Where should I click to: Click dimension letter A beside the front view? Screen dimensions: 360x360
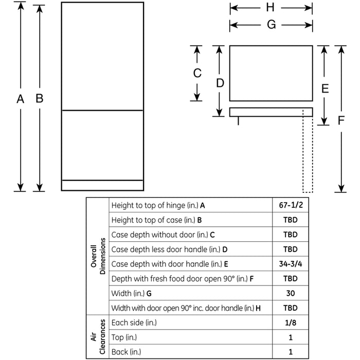[20, 99]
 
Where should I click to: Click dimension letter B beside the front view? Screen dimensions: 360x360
[39, 99]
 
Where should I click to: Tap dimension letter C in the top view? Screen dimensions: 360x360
[197, 74]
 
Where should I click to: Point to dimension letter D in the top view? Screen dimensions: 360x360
[220, 83]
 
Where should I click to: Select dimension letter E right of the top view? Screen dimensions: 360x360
[325, 88]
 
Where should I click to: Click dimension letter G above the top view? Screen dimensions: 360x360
[271, 25]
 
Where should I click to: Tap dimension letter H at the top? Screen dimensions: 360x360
[271, 7]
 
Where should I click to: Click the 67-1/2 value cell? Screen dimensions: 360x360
[290, 205]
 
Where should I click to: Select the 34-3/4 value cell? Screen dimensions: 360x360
[290, 264]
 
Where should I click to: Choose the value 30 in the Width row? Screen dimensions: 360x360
[290, 293]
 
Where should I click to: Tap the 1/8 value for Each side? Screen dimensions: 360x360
[290, 322]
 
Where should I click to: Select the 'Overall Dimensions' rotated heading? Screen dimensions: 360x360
[98, 256]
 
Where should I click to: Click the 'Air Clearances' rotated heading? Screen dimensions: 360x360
[98, 337]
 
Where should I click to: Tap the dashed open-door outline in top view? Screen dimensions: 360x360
[308, 154]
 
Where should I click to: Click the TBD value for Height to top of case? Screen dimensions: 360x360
[290, 220]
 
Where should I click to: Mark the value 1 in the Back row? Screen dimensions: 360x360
[290, 352]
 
